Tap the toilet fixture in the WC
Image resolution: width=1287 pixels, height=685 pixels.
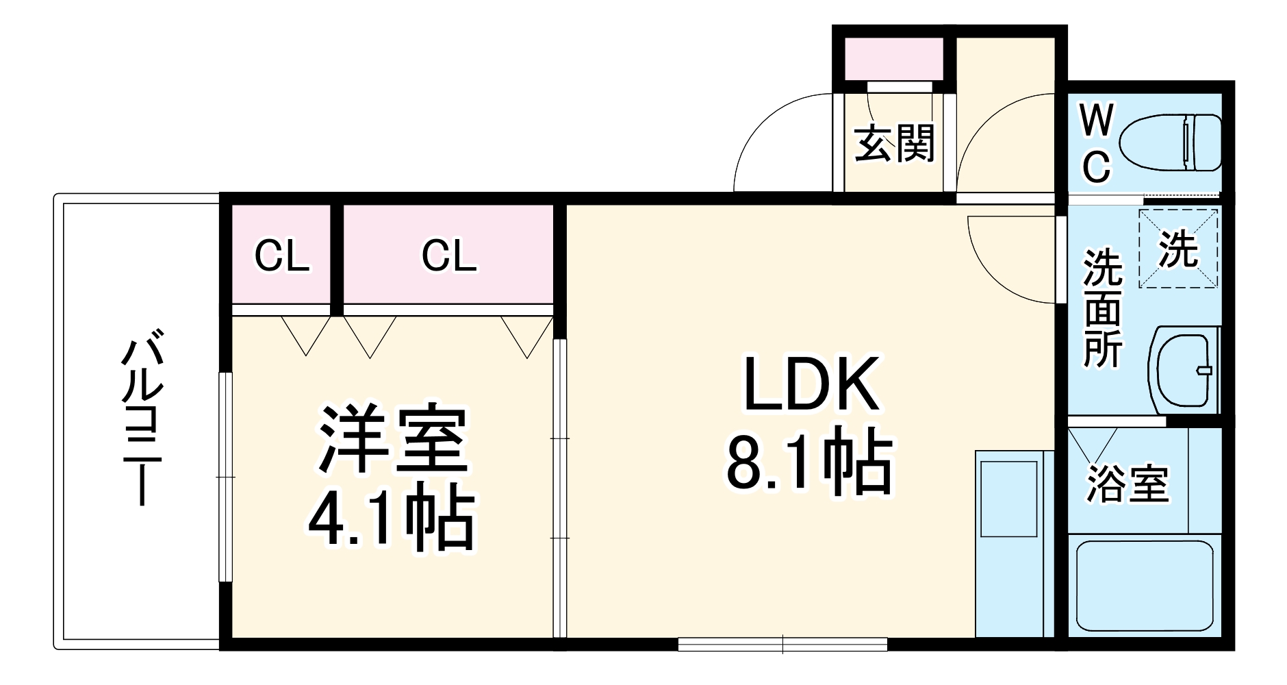coord(1171,143)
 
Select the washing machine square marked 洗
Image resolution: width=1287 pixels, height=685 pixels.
coord(1178,248)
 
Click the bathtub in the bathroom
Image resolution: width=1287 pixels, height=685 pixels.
coord(1144,586)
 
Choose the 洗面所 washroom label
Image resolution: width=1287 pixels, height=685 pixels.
coord(1102,308)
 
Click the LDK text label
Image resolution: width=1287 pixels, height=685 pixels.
coord(811,385)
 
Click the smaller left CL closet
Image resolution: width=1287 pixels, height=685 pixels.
coord(281,256)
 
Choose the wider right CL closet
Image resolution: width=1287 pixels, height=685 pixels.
coord(448,256)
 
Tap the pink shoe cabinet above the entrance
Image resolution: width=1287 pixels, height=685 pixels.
coord(889,59)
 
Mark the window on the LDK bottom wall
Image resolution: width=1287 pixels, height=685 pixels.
coord(782,644)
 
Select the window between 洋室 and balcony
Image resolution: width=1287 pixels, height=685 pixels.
coord(225,477)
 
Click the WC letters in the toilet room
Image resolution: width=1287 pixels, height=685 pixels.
coord(1097,144)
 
